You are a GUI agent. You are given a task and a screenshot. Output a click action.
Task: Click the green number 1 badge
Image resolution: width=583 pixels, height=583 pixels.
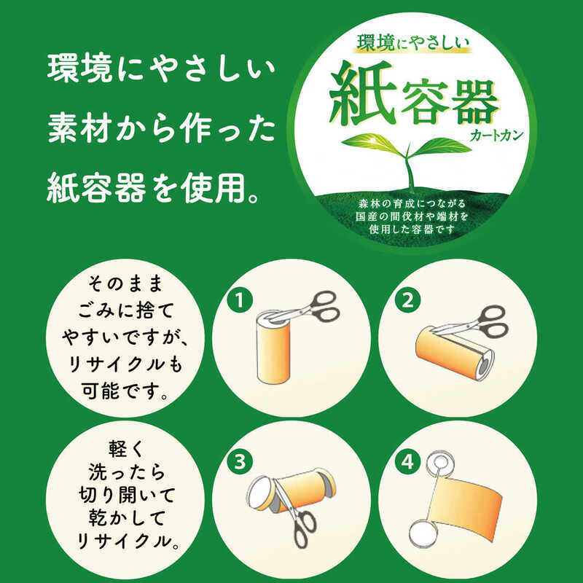click(x=240, y=300)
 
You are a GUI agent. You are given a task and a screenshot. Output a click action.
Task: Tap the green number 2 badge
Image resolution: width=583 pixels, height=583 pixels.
click(x=408, y=300)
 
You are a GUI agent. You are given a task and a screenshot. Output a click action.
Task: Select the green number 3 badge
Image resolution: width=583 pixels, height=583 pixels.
click(x=240, y=462)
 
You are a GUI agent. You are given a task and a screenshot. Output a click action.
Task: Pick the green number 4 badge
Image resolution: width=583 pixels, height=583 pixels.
click(x=408, y=462)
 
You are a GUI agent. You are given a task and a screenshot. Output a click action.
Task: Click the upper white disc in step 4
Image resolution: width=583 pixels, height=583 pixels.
click(x=441, y=463)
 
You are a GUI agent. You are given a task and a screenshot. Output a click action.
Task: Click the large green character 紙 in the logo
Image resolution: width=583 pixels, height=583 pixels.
click(x=361, y=93)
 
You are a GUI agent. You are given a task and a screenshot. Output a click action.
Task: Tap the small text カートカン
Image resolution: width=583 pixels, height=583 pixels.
click(x=496, y=136)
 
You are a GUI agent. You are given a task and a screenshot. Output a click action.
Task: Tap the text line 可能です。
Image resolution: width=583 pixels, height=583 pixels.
click(x=125, y=391)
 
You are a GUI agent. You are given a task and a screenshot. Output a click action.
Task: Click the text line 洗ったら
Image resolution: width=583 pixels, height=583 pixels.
click(x=126, y=472)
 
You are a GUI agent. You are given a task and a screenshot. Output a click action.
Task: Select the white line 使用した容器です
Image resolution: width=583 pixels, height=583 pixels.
click(x=412, y=230)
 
